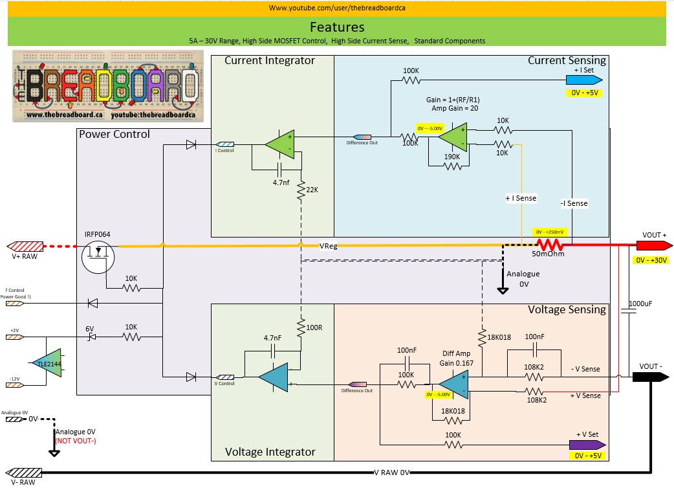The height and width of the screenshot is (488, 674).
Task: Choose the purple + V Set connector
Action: tap(587, 445)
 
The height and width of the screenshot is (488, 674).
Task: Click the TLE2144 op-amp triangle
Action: tap(48, 364)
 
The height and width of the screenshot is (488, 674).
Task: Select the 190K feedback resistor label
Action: tap(453, 156)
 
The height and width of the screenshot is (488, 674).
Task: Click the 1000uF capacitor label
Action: tap(641, 302)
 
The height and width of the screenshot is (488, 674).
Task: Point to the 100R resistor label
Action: tap(314, 327)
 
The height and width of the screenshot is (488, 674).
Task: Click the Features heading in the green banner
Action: tap(336, 27)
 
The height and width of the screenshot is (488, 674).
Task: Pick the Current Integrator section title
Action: tap(269, 60)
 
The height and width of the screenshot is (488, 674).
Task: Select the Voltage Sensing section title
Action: tap(567, 309)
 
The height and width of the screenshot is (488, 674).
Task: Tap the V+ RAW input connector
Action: tap(25, 246)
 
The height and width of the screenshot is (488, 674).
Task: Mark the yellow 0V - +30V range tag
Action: tap(649, 260)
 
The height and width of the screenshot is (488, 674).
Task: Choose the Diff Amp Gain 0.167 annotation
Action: tap(458, 359)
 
